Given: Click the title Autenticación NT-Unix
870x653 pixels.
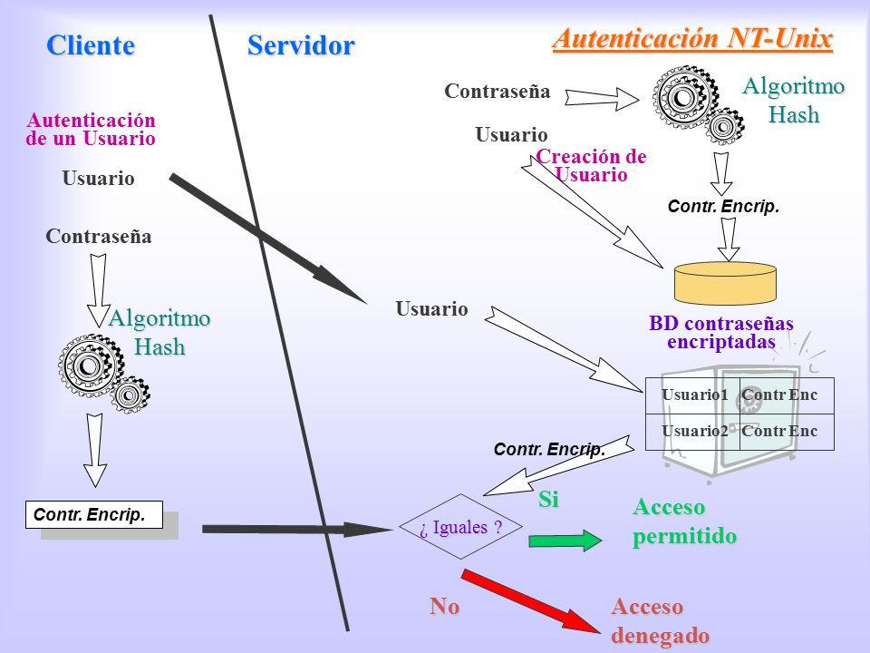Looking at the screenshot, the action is pos(692,39).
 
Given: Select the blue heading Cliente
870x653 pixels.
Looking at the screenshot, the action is pos(91,45).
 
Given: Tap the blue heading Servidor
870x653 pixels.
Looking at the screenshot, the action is pos(301,45).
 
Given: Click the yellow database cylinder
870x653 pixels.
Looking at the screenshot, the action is pos(725,283).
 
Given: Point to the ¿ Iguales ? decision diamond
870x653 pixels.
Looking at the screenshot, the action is pos(460,526).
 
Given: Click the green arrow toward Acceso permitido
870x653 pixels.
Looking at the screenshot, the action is pos(565,541).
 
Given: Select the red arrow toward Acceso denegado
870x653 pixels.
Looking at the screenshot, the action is pos(530,600).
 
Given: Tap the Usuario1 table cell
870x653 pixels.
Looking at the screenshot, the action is pos(692,395).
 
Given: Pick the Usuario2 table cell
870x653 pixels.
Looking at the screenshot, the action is pos(692,432).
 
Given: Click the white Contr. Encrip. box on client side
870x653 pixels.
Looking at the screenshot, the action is pos(94,515).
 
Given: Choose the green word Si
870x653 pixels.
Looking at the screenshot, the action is pos(548,500).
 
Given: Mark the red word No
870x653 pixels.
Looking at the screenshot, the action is pos(444,606).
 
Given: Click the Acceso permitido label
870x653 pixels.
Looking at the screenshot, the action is pos(685,521).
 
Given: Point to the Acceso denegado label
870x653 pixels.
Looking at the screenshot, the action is pos(661,620).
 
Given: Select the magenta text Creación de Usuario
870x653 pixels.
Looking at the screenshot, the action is pos(592,165).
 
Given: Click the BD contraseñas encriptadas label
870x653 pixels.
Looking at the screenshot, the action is pos(721,332).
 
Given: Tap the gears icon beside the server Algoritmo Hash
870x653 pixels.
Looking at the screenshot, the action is pos(698,104).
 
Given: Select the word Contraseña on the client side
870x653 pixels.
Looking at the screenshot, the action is pos(99,237).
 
